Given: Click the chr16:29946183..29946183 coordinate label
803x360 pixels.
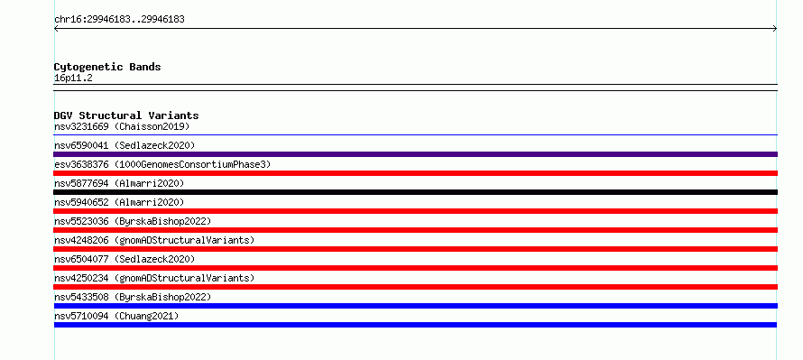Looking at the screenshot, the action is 119,20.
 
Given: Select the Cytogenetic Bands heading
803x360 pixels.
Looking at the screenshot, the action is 107,67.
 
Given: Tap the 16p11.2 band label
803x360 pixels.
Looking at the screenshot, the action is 73,78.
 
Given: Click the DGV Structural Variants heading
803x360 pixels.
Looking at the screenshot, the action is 126,115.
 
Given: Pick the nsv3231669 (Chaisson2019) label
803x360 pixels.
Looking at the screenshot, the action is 122,126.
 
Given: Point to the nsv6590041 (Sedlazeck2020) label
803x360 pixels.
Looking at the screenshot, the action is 125,145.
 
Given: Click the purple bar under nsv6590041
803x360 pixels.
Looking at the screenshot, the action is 415,154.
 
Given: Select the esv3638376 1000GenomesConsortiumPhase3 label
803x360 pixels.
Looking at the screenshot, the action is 162,164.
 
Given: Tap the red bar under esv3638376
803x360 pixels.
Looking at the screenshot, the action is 415,173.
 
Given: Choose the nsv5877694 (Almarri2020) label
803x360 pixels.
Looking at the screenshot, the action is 119,183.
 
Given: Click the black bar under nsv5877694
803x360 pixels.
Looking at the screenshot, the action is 415,192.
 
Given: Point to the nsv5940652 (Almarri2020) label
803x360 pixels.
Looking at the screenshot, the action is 119,202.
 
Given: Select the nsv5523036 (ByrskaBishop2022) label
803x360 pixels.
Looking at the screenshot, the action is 133,221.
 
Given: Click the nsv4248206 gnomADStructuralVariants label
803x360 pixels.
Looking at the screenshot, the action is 154,240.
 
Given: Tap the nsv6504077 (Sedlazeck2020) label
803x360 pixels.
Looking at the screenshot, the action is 125,259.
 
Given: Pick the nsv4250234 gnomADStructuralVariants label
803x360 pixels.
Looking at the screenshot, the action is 154,278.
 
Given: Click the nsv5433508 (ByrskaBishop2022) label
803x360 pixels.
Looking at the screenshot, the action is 133,297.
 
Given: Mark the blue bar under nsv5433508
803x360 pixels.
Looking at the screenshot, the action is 415,306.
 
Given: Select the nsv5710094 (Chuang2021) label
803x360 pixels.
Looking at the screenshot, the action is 116,316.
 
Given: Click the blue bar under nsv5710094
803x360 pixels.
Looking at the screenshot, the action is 415,325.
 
